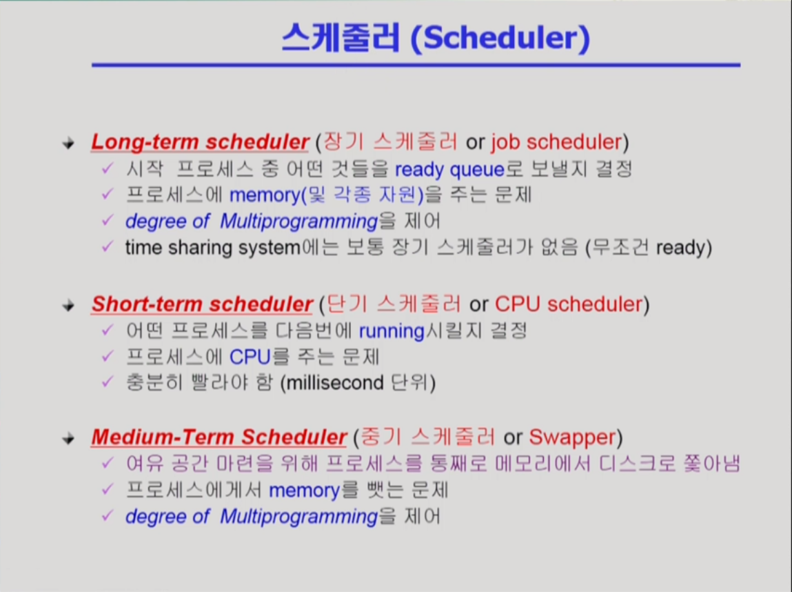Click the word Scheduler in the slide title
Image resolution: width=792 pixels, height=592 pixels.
tap(500, 38)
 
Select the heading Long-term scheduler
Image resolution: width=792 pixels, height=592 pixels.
tap(200, 142)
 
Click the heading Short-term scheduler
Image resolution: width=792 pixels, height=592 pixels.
tap(202, 304)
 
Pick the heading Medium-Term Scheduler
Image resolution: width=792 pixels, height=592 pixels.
tap(219, 437)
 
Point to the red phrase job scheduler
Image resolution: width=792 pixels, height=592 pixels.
tap(556, 143)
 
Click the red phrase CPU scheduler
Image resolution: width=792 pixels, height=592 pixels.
tap(569, 304)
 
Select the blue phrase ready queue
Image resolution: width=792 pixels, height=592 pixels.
tap(450, 170)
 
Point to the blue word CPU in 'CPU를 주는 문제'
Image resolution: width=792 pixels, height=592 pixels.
tap(250, 357)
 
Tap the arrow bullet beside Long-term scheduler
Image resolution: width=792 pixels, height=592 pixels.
tap(69, 144)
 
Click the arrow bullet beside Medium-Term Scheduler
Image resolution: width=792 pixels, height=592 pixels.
tap(69, 438)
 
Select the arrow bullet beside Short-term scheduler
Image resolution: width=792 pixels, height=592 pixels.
tap(69, 306)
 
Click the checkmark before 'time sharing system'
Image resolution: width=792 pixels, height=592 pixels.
tap(107, 246)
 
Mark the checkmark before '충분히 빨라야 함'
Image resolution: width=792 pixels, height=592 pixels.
tap(107, 381)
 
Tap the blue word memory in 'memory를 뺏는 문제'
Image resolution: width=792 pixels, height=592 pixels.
tap(304, 491)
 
